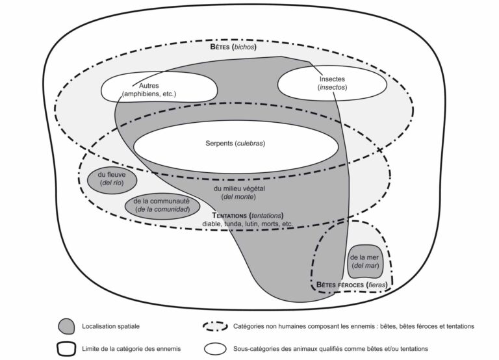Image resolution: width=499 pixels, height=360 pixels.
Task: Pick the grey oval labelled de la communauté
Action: pos(162,205)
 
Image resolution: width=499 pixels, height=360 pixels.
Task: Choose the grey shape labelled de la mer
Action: pos(364,261)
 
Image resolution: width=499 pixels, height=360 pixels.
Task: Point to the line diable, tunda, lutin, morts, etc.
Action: pos(248,224)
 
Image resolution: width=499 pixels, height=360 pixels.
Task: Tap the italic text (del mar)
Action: pos(365,266)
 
